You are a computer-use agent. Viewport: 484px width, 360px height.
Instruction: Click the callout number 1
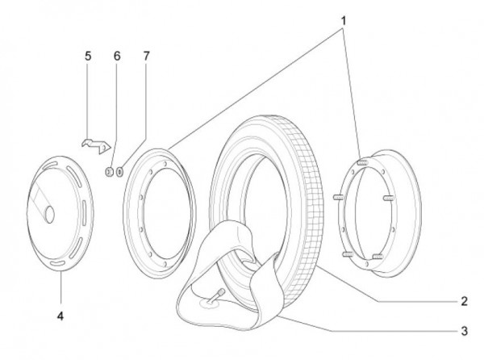pyautogui.click(x=343, y=17)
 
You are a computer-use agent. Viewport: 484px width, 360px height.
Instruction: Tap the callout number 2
pyautogui.click(x=464, y=302)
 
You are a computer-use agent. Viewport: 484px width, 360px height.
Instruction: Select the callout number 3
pyautogui.click(x=464, y=329)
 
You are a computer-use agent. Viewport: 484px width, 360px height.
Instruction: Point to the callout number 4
pyautogui.click(x=60, y=316)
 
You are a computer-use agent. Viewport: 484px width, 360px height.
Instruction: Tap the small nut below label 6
pyautogui.click(x=108, y=171)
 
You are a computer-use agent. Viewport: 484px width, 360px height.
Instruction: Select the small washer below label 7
pyautogui.click(x=120, y=171)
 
